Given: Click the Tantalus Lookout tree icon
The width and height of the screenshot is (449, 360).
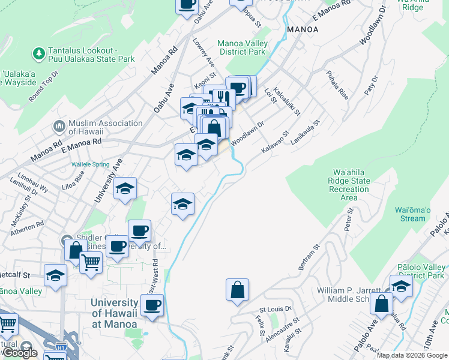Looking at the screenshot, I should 40,55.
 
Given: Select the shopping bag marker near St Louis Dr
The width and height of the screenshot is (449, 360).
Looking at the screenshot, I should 238,290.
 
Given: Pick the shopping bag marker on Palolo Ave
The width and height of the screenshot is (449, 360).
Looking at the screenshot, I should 382,304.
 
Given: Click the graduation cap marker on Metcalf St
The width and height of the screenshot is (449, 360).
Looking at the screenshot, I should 55,276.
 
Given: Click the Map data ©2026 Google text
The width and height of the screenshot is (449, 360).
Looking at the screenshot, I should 412,355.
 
